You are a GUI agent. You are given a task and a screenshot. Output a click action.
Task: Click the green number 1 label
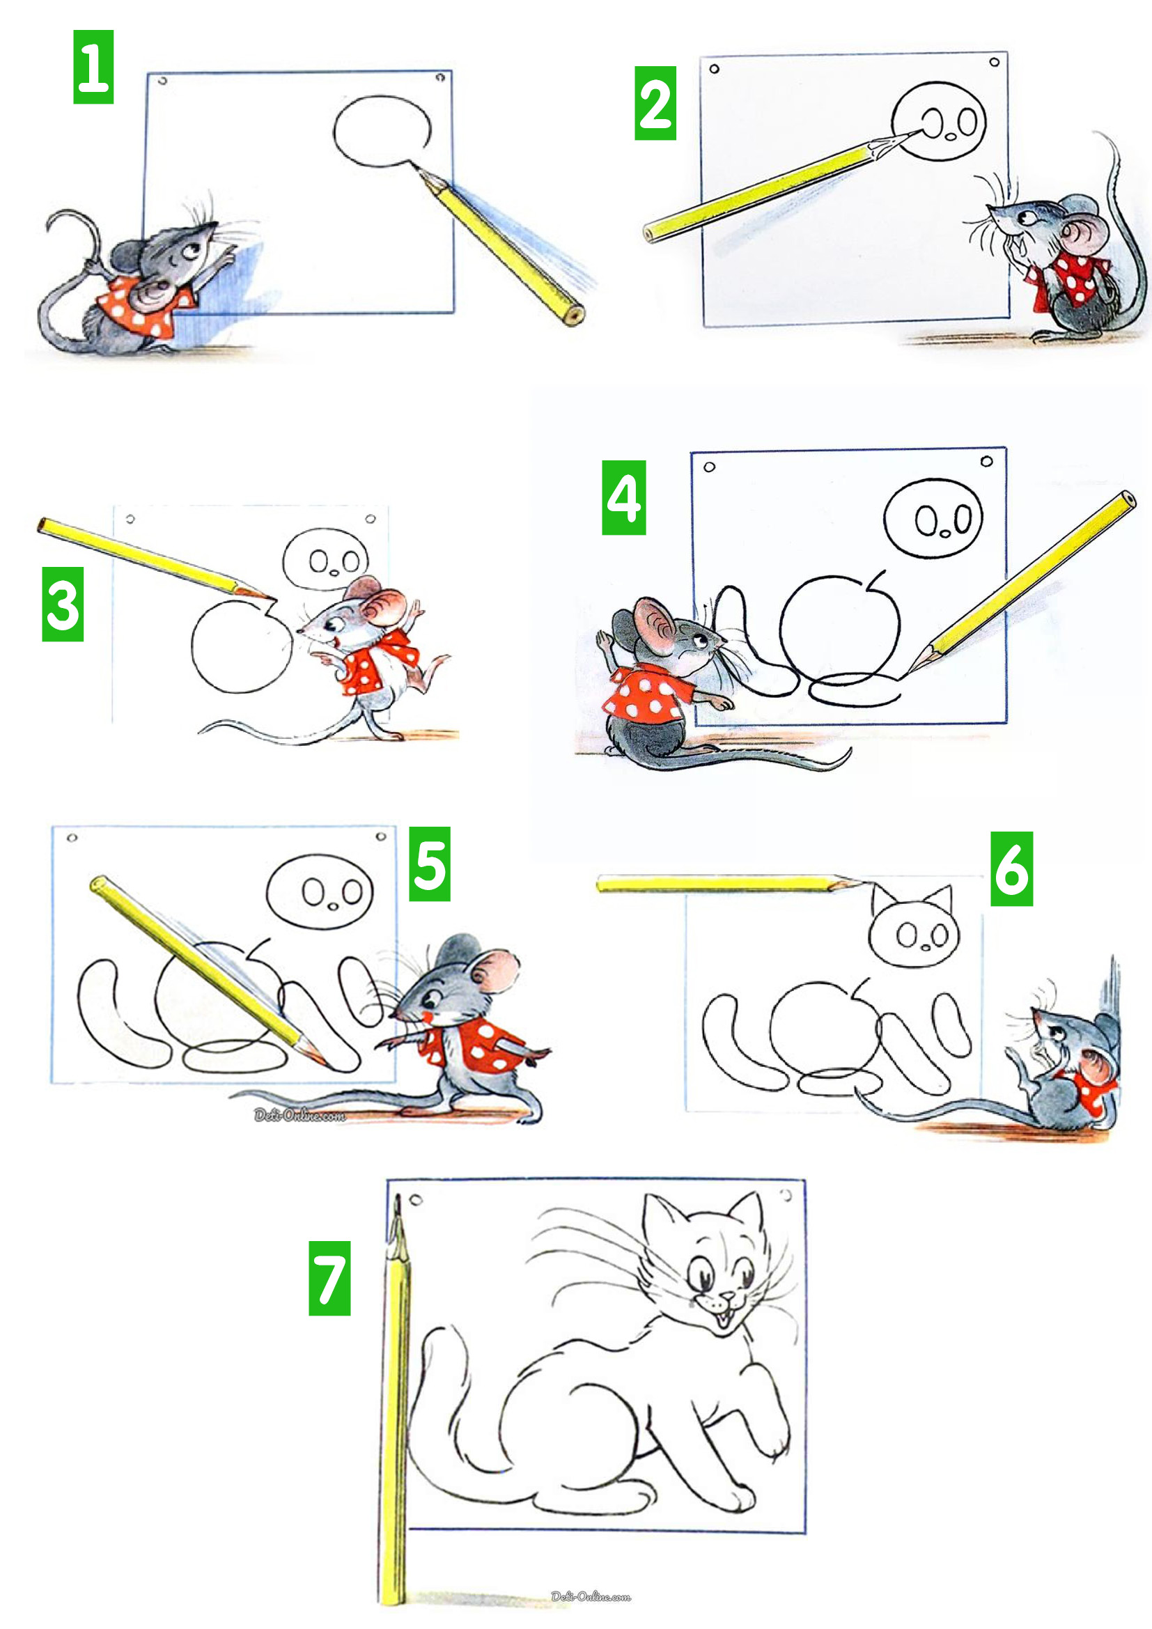coord(93,67)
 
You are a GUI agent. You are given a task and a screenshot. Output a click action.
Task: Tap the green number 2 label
coord(655,103)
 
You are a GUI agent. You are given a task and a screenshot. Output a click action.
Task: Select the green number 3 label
coord(63,604)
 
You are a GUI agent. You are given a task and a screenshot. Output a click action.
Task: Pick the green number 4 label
coord(623,497)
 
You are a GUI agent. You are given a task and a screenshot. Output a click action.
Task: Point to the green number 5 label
coord(429,864)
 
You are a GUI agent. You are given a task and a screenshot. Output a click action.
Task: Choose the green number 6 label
coord(1011,868)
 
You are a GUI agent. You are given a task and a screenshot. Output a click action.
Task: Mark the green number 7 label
coord(329,1278)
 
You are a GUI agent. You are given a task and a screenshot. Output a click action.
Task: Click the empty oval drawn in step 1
coord(382,131)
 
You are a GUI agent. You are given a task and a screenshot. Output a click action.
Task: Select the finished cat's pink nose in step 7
coord(727,1296)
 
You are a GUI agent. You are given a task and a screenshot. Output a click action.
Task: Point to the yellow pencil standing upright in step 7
coord(395,1398)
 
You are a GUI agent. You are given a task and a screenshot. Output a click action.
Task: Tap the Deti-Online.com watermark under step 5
coord(299,1116)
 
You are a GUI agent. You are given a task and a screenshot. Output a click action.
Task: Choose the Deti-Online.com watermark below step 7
coord(591,1596)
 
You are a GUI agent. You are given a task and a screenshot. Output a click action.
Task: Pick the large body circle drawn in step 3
coord(241,647)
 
